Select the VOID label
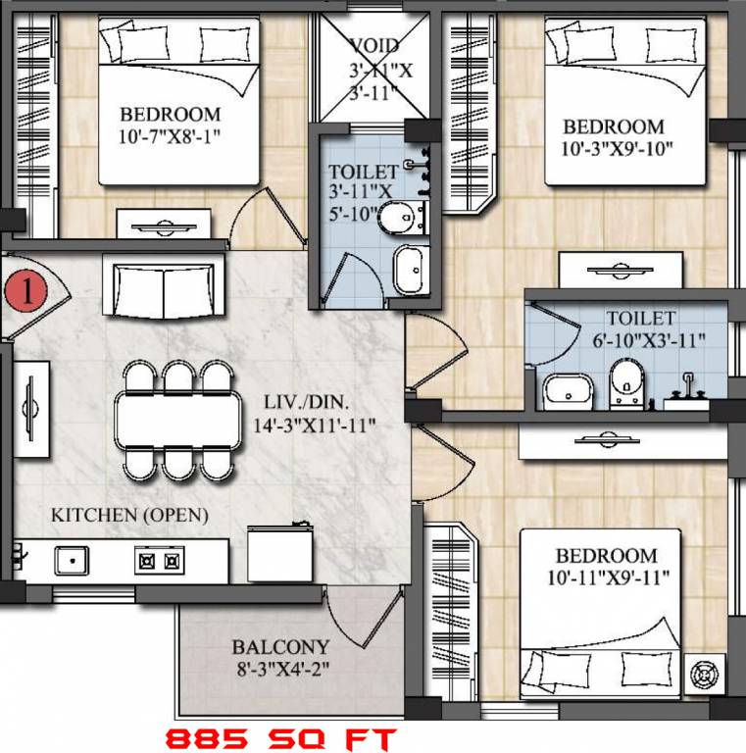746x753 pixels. pyautogui.click(x=373, y=46)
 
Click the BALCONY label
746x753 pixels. pyautogui.click(x=280, y=648)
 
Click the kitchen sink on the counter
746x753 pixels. pyautogui.click(x=71, y=561)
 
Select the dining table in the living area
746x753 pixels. pyautogui.click(x=177, y=421)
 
